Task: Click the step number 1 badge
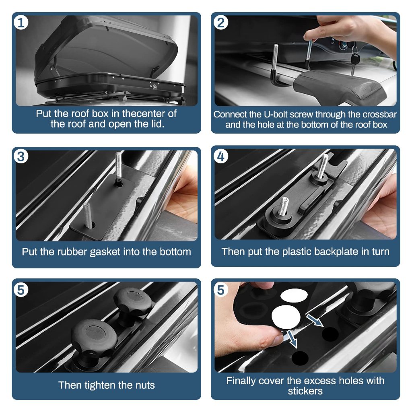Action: (21, 23)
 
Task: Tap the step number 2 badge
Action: (221, 23)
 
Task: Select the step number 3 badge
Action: (21, 157)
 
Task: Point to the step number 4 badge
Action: (221, 157)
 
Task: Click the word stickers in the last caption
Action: (305, 391)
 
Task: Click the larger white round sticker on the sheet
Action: (286, 317)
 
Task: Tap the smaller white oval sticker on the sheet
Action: (294, 296)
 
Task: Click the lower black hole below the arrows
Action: (300, 357)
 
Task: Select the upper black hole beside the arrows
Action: (330, 334)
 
